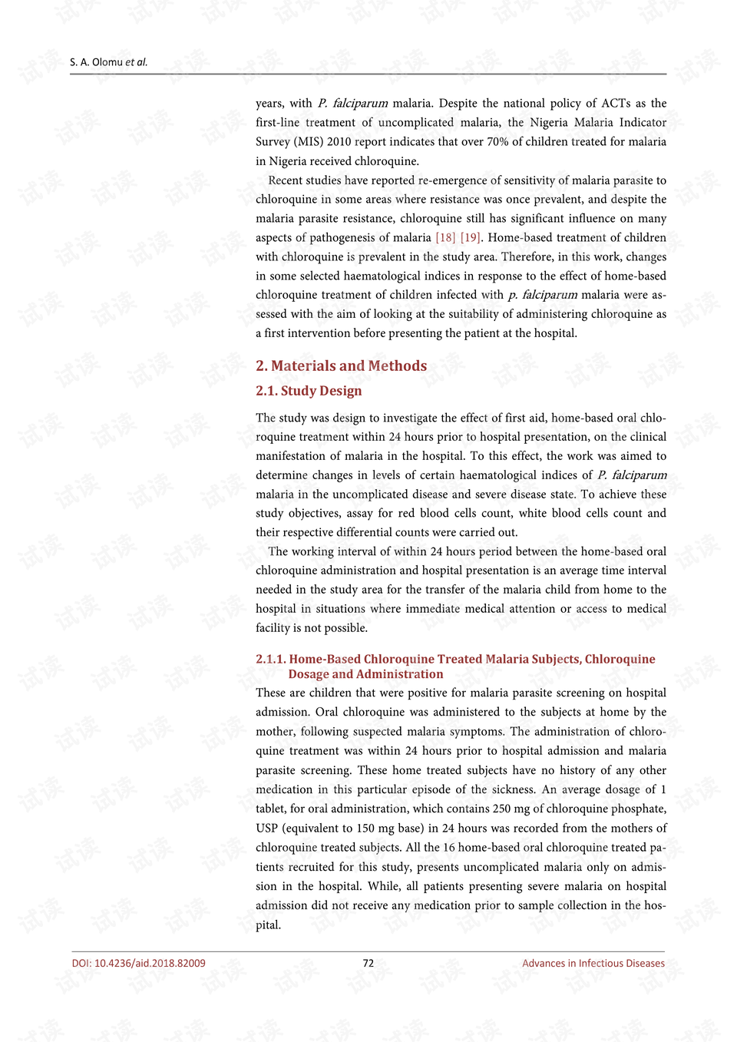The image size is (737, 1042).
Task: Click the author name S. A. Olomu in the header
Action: pos(97,62)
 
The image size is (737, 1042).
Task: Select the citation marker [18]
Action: pos(445,237)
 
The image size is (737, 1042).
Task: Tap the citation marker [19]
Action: pos(470,237)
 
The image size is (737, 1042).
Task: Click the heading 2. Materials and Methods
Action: pos(341,366)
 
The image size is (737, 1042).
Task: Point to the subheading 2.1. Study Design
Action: pos(309,391)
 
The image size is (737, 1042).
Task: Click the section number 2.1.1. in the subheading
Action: pos(270,659)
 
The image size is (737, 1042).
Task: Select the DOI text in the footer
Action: pos(139,963)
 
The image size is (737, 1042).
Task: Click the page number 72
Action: pos(368,963)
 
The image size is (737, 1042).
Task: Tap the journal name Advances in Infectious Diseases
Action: pos(593,963)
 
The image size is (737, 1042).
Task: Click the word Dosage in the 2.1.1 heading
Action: pos(309,674)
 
